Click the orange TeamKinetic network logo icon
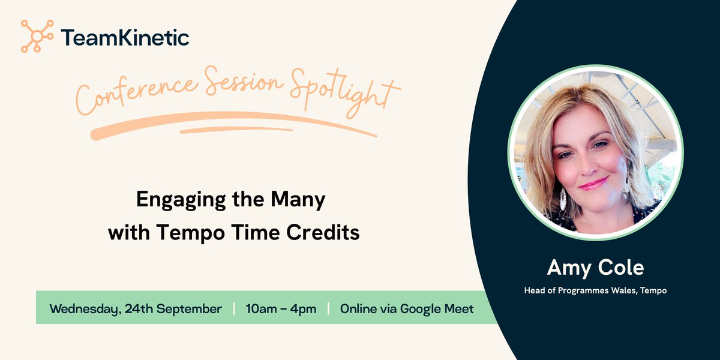[37, 36]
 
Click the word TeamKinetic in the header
[125, 37]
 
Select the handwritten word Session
[244, 81]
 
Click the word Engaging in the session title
[181, 200]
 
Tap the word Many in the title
[298, 200]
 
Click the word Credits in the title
[323, 232]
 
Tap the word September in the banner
[189, 309]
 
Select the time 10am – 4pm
[281, 309]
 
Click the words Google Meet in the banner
[437, 309]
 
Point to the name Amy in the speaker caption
[569, 268]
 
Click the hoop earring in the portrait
[563, 199]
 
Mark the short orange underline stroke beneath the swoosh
[236, 130]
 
